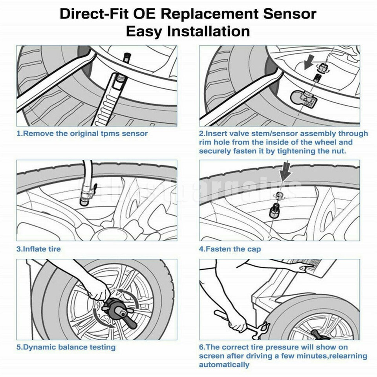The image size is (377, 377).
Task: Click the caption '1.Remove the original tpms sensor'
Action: [x=82, y=134]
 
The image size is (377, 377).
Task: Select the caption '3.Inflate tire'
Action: [x=38, y=249]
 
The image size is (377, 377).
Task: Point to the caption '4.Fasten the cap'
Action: [x=230, y=249]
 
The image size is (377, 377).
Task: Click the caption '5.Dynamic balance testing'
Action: [x=66, y=347]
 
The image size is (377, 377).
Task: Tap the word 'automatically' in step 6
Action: [x=224, y=364]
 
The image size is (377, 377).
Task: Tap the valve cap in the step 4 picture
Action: [x=273, y=214]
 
